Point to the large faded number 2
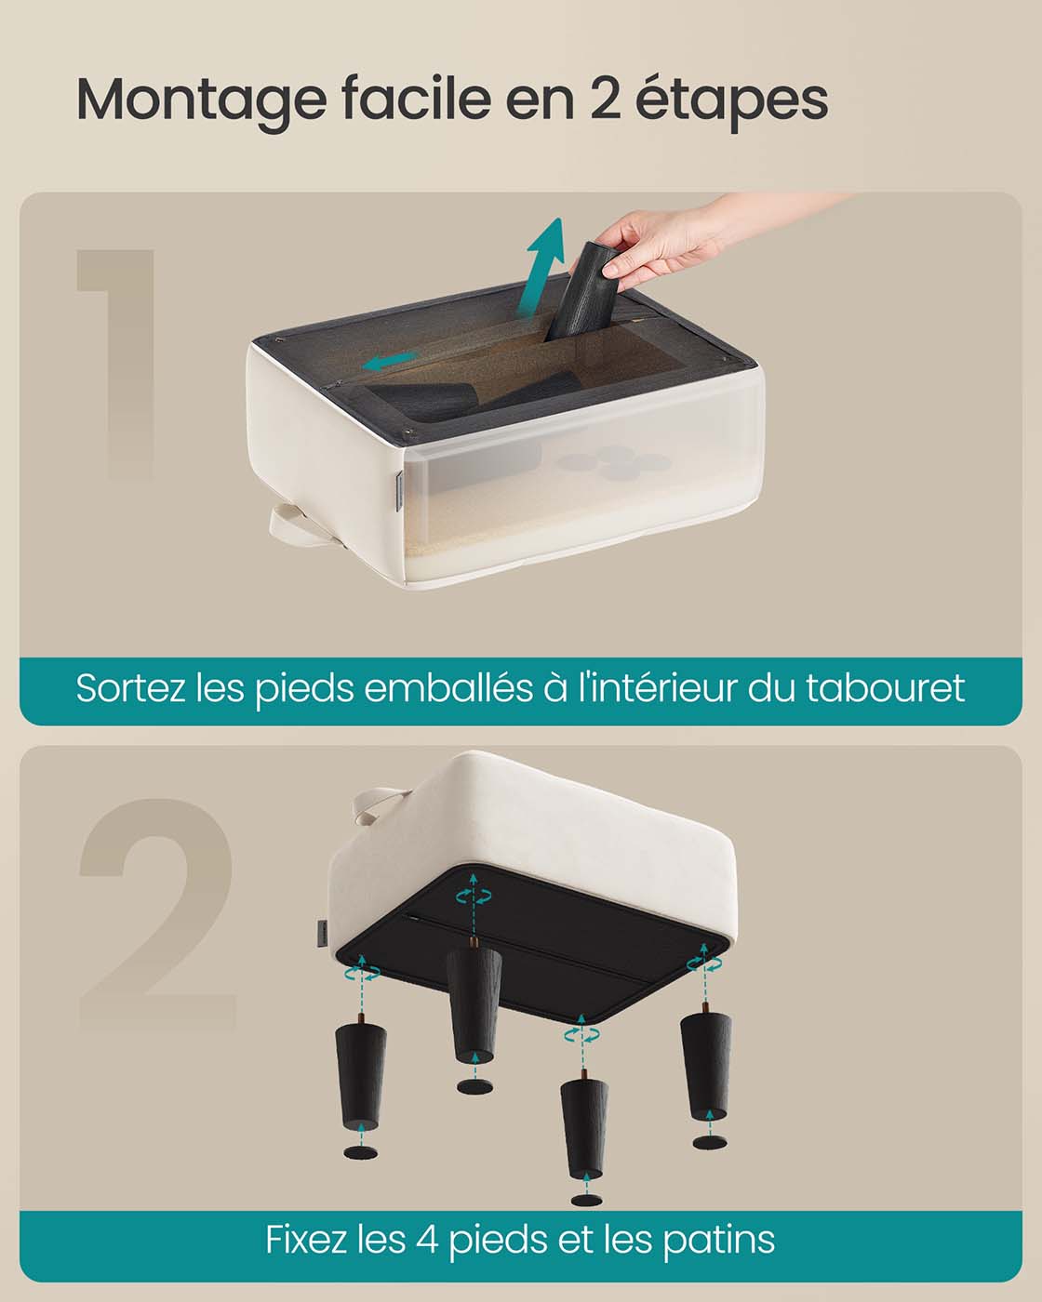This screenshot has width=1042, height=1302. (x=156, y=913)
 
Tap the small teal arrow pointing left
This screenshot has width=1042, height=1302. (x=391, y=361)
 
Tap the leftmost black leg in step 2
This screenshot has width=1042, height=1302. (x=361, y=1074)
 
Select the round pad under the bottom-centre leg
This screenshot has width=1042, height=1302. (x=582, y=1199)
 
